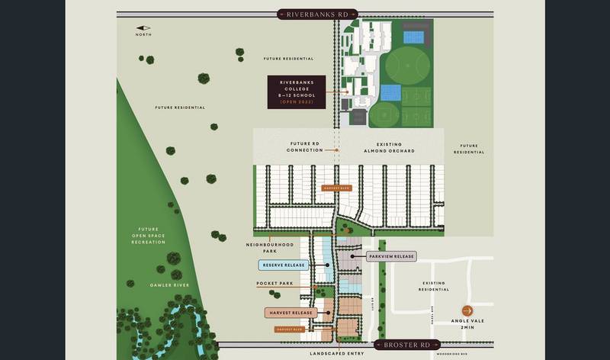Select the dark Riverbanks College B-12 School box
(x=296, y=92)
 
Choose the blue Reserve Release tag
(x=282, y=265)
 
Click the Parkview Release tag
(x=392, y=256)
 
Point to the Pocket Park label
(x=274, y=284)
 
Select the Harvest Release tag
(x=291, y=313)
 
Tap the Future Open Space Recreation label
(x=148, y=235)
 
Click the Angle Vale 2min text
(x=467, y=324)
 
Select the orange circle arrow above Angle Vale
(x=467, y=310)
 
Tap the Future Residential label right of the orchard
(x=469, y=149)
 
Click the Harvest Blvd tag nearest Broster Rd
(x=290, y=329)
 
